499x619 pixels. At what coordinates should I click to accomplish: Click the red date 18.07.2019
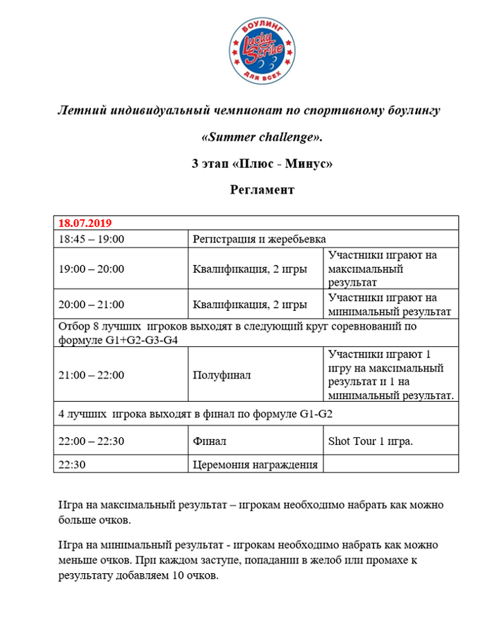pyautogui.click(x=85, y=224)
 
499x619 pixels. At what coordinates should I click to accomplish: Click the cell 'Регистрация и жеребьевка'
pyautogui.click(x=259, y=239)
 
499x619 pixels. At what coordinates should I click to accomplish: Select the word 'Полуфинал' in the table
pyautogui.click(x=221, y=375)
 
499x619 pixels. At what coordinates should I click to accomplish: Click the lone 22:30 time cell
pyautogui.click(x=72, y=464)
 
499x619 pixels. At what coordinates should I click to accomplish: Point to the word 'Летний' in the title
pyautogui.click(x=81, y=110)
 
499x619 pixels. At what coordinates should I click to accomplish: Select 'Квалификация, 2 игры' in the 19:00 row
pyautogui.click(x=250, y=269)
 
